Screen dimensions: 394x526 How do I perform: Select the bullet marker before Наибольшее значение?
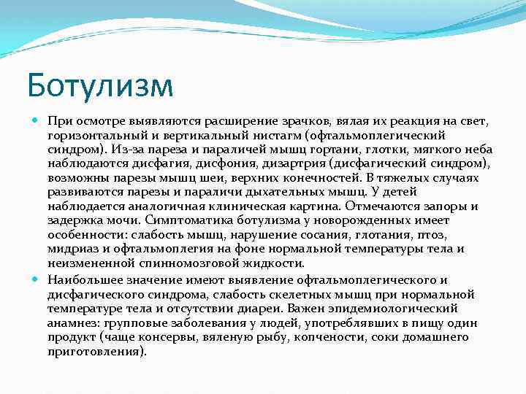coord(37,279)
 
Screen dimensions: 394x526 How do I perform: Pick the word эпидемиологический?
coord(394,309)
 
